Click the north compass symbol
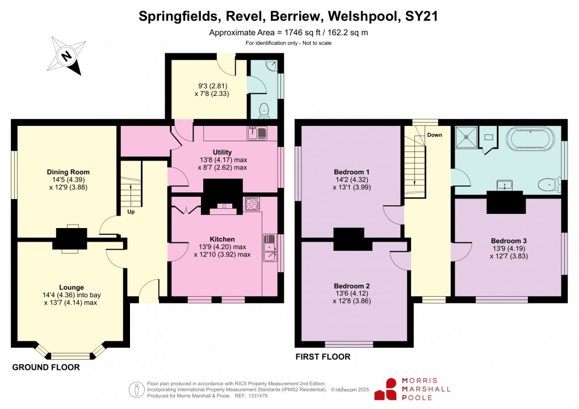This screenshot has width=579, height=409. (x=66, y=55)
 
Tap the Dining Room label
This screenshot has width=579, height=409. (x=68, y=172)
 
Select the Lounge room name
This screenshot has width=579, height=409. (x=72, y=288)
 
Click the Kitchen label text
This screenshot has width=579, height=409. (x=221, y=239)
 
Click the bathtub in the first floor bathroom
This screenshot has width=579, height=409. (x=530, y=138)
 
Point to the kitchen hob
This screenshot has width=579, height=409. (x=252, y=204)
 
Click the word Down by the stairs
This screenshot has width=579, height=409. (x=434, y=135)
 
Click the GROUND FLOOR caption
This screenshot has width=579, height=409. (x=46, y=368)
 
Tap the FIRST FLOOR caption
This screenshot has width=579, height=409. (x=323, y=357)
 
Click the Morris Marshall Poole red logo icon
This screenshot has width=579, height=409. (x=391, y=390)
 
